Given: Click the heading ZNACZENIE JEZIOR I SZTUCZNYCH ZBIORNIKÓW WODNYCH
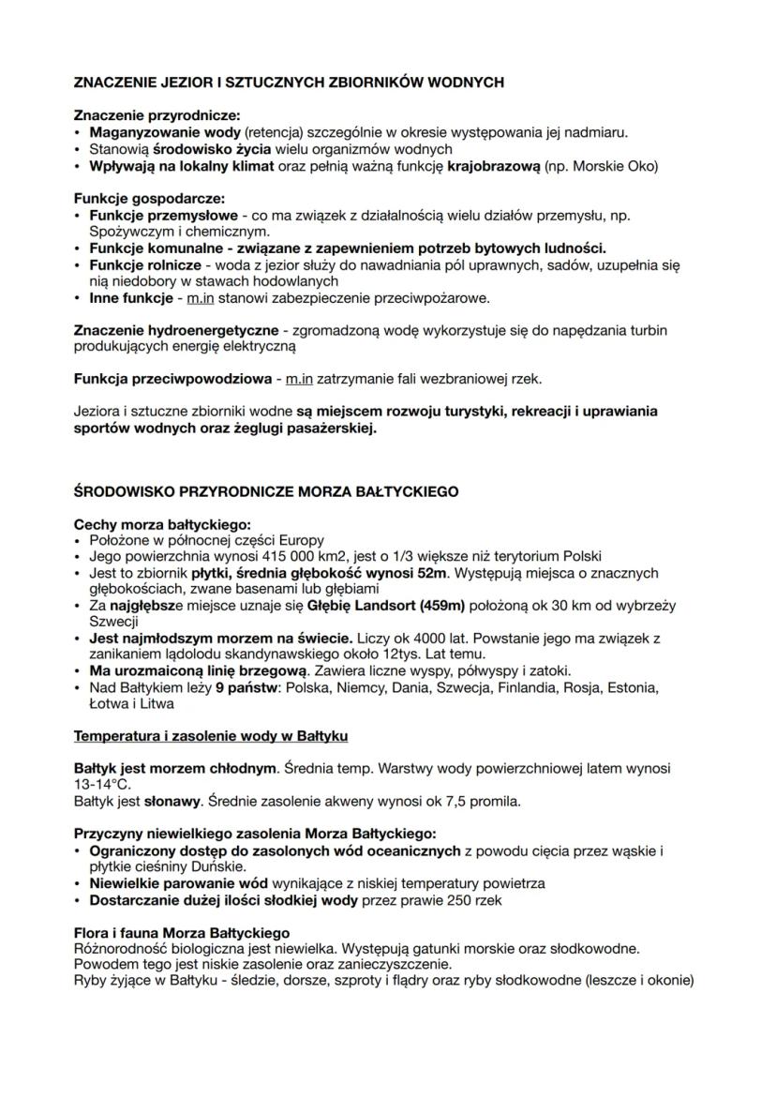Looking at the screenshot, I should pyautogui.click(x=289, y=83).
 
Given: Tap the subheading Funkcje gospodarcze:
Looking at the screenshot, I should pyautogui.click(x=136, y=199).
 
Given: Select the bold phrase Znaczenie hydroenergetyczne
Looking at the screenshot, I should pyautogui.click(x=175, y=331).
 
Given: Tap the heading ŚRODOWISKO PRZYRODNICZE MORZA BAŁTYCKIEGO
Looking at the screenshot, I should pyautogui.click(x=265, y=491).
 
